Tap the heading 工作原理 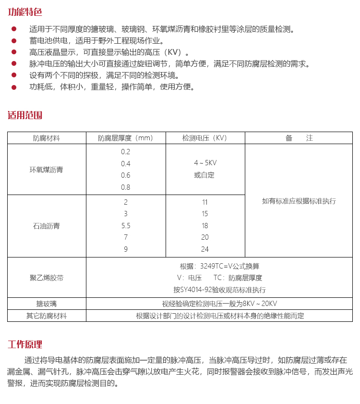point(25,344)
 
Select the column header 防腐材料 point(47,138)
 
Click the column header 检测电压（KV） point(205,138)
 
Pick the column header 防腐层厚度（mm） point(126,138)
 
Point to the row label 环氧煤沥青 point(47,170)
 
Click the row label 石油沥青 point(47,225)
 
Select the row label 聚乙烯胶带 point(47,278)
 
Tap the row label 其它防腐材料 point(47,316)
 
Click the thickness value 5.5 point(126,225)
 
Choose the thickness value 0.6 point(126,175)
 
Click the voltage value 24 point(205,249)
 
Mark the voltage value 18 point(205,225)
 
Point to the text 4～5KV point(205,163)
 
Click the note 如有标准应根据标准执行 point(299,201)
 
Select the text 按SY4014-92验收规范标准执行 point(219,290)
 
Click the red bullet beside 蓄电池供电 point(14,41)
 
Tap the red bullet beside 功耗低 point(14,87)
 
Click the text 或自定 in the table point(204,175)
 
